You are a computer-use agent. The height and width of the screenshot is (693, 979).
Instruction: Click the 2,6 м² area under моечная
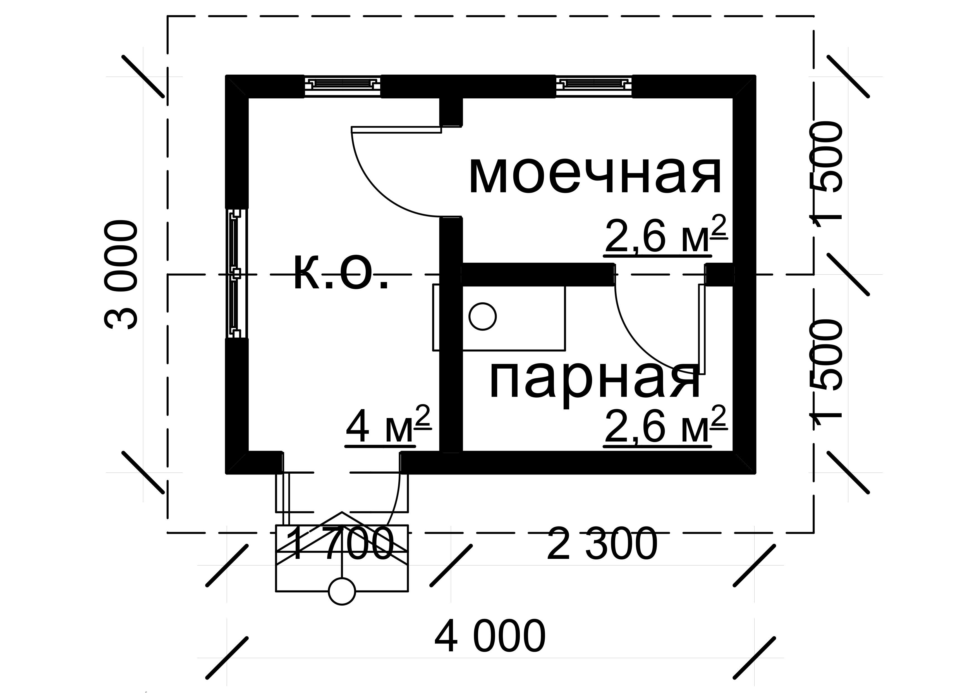(665, 235)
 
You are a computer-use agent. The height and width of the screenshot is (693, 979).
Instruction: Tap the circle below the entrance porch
(342, 591)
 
